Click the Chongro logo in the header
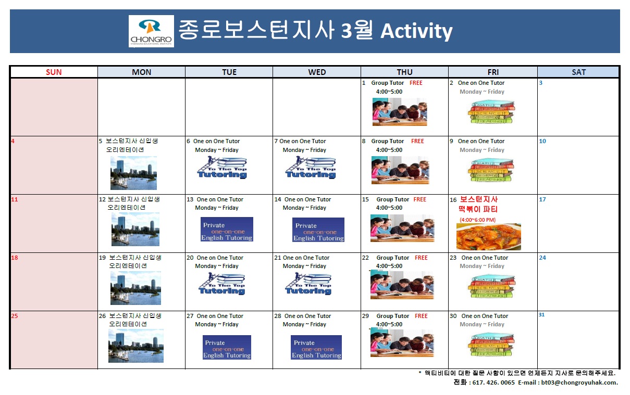[x=152, y=31]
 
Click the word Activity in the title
[x=416, y=31]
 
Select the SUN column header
[x=54, y=72]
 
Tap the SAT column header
[x=578, y=72]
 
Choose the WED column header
[x=317, y=72]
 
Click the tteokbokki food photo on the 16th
[x=488, y=237]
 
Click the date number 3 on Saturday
[x=541, y=83]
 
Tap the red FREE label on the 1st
[x=416, y=83]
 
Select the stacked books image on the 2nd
[x=491, y=111]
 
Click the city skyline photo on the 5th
[x=133, y=173]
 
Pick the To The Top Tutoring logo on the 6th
[x=222, y=168]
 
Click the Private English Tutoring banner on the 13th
[x=227, y=230]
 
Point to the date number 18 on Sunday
[x=14, y=258]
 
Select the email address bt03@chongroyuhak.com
[x=579, y=383]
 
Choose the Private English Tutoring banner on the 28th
[x=316, y=347]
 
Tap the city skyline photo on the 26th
[x=135, y=346]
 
